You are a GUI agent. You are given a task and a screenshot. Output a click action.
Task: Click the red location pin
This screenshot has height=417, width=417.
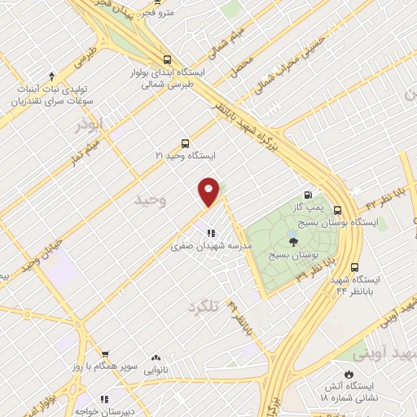(x=209, y=191)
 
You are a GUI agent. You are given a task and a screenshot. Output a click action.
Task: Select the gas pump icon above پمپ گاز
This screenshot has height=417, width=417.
(x=307, y=195)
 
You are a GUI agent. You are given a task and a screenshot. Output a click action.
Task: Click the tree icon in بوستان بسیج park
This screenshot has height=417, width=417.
(x=293, y=241)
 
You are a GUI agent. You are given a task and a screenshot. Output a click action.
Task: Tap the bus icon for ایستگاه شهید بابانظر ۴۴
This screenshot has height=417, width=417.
(x=354, y=266)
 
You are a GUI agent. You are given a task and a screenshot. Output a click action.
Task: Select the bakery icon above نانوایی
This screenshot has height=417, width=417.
(x=156, y=358)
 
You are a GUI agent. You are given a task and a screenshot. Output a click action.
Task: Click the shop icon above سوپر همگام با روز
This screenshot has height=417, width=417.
(x=104, y=355)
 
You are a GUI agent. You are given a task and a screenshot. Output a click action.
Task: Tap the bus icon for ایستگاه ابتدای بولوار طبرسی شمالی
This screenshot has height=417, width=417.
(x=167, y=59)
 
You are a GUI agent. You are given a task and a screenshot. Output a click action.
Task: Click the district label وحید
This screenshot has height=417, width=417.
(x=151, y=200)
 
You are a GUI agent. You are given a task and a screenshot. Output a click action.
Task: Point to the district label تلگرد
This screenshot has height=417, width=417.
(x=204, y=306)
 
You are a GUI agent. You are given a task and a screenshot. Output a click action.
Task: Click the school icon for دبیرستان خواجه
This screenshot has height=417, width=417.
(x=104, y=399)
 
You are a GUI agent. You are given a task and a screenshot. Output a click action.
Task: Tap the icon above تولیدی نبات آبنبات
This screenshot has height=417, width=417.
(x=52, y=74)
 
